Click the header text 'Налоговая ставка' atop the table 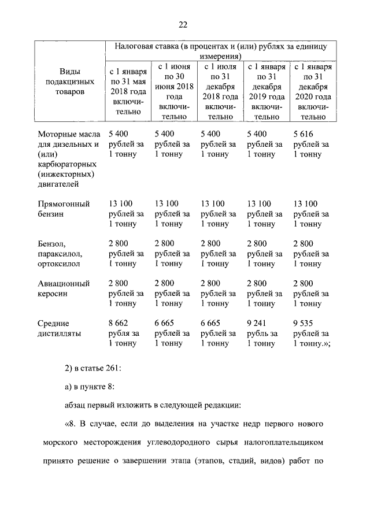coord(147,46)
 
